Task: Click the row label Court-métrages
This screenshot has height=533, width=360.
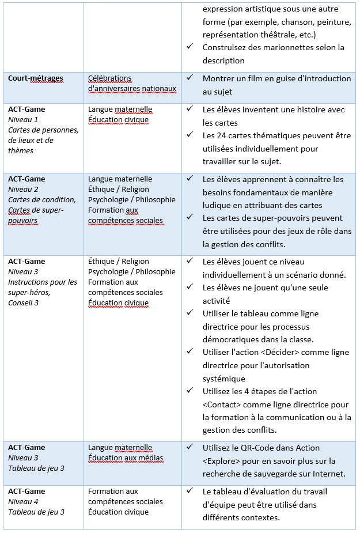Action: pyautogui.click(x=36, y=78)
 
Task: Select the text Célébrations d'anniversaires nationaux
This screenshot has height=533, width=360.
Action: pyautogui.click(x=131, y=84)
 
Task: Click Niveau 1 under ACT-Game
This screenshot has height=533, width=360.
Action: pyautogui.click(x=23, y=120)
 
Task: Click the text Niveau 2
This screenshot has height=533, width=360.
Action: pyautogui.click(x=23, y=190)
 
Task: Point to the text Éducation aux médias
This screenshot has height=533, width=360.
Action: pyautogui.click(x=126, y=458)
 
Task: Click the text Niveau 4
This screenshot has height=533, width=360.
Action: pyautogui.click(x=23, y=502)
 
